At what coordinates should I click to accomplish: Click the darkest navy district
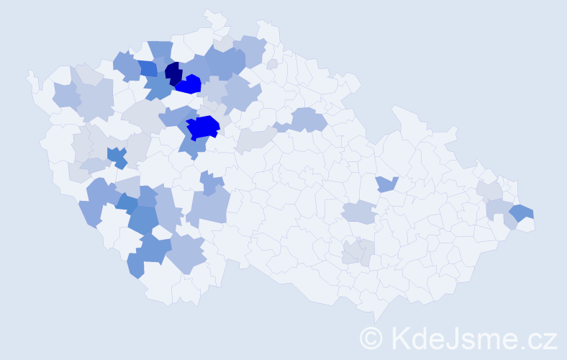coord(173,73)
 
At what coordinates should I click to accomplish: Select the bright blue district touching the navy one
coord(189,85)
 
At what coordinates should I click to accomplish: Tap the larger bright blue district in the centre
coord(203,127)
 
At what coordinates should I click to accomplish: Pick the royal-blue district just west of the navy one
coord(148,68)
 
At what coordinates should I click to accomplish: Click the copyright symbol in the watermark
coord(371,338)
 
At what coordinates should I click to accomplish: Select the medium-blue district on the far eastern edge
coord(522,212)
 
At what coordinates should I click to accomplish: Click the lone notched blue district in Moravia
coord(386,184)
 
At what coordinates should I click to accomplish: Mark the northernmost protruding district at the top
coord(213,17)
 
